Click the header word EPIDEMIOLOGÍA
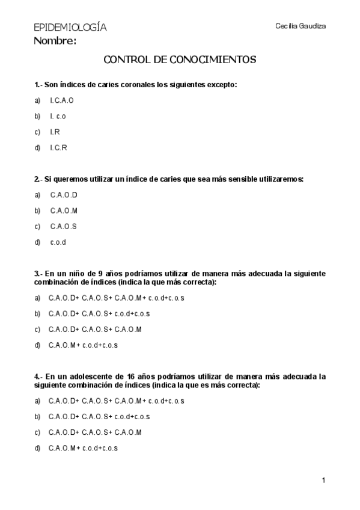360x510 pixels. tap(70, 28)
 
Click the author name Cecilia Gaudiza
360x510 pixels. tap(300, 26)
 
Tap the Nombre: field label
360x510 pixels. tap(55, 41)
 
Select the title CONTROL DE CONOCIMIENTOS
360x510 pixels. tap(180, 60)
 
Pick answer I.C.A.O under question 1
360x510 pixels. tap(62, 100)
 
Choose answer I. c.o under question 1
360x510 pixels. tap(58, 115)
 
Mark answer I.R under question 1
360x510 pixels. tap(55, 132)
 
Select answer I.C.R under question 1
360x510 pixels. tap(58, 147)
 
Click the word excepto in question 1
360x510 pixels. tap(222, 85)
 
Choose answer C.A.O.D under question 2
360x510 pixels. tap(64, 195)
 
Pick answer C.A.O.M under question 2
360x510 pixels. tap(64, 210)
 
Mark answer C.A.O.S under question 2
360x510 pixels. tap(64, 227)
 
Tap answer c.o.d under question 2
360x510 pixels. tap(58, 242)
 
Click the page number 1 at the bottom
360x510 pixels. tap(323, 480)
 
